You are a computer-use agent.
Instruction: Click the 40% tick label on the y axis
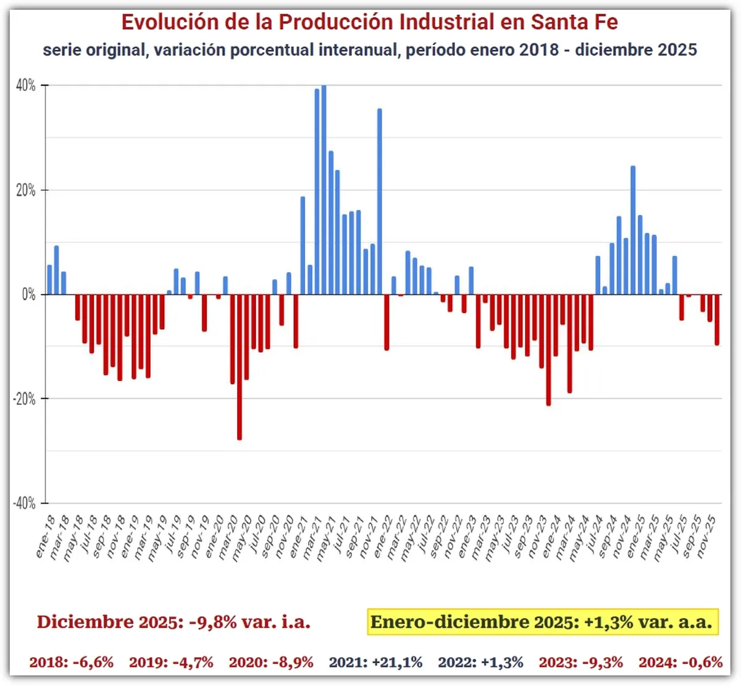[x=25, y=86]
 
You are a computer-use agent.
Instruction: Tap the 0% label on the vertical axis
[x=28, y=295]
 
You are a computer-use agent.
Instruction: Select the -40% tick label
[x=24, y=503]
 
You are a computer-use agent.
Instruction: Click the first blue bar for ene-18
[x=49, y=280]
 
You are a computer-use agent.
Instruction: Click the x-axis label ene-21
[x=298, y=537]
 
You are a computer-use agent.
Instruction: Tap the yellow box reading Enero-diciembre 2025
[x=542, y=622]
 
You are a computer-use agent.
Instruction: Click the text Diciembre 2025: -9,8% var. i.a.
[x=174, y=622]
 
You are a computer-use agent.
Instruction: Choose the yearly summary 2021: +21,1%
[x=375, y=663]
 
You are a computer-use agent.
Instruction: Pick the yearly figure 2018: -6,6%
[x=72, y=663]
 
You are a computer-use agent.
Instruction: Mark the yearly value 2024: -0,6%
[x=680, y=663]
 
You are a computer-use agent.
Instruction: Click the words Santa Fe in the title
[x=574, y=22]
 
